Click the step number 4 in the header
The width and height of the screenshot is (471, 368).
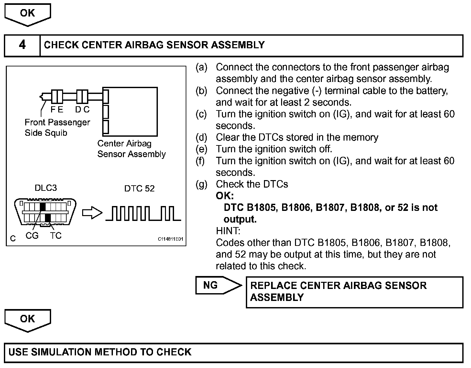tap(22, 45)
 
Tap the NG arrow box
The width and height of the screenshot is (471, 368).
tap(217, 285)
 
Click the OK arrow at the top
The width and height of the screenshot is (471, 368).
tap(27, 14)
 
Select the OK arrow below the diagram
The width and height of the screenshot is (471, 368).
tap(27, 320)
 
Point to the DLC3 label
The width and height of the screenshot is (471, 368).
tap(46, 188)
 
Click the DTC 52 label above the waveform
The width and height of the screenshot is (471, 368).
tap(139, 189)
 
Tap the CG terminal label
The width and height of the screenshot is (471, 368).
tap(32, 236)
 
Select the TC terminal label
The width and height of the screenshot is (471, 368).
tap(56, 236)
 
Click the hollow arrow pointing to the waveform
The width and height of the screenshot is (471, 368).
tap(92, 213)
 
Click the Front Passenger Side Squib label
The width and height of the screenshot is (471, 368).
tap(57, 128)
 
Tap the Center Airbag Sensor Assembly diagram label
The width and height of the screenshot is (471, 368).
tap(131, 149)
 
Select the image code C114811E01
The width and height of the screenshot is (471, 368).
tap(170, 239)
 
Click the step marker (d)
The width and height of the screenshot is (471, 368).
tap(201, 137)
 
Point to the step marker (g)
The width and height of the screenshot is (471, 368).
tap(201, 184)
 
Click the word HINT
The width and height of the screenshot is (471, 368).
tap(228, 231)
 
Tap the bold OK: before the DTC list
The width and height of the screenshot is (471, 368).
tap(225, 196)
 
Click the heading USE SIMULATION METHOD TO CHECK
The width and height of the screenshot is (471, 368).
tap(100, 352)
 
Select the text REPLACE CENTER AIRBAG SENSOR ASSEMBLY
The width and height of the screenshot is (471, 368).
tap(338, 291)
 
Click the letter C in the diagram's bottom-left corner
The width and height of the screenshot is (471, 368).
tap(13, 239)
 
